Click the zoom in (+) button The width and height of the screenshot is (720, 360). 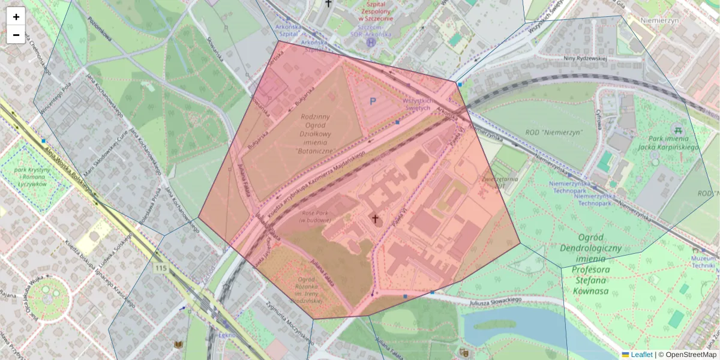(16, 16)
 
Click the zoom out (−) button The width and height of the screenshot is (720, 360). (16, 35)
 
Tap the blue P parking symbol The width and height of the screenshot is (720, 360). (373, 103)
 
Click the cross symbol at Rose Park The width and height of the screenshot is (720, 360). (376, 219)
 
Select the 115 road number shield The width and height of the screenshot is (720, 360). (160, 268)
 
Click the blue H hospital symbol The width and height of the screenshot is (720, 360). (371, 43)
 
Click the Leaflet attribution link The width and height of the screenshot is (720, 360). (637, 355)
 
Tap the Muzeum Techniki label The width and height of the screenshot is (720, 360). (706, 261)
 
